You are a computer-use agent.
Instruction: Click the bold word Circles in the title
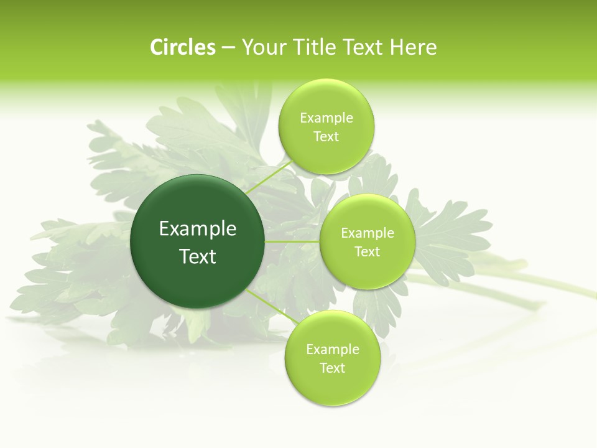click(183, 47)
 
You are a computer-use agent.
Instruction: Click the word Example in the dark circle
click(198, 229)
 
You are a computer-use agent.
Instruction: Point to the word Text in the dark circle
click(198, 256)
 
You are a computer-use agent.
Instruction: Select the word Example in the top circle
click(326, 118)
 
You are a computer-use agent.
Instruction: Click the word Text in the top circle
click(326, 137)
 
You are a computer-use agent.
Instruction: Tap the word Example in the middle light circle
click(367, 233)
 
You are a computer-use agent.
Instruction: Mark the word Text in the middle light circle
click(367, 252)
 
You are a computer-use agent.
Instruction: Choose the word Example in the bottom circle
click(332, 350)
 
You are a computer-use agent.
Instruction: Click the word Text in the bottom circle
click(332, 368)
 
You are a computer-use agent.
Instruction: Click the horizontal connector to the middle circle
click(292, 241)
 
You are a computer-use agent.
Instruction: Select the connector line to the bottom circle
click(272, 307)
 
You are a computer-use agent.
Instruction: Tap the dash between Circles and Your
click(228, 47)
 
